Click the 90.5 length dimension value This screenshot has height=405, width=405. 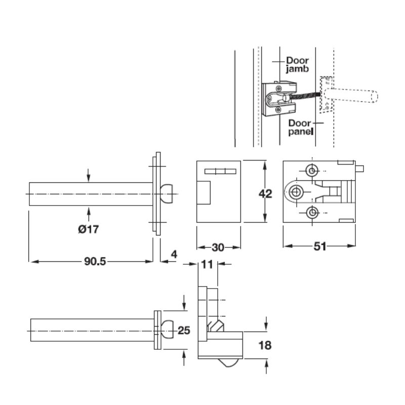95,261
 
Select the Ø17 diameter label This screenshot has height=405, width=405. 88,229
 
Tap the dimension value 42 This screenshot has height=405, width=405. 265,194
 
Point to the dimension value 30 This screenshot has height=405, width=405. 218,248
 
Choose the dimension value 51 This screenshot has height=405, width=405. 320,247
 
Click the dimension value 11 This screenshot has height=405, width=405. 207,264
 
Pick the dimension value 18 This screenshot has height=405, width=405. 265,345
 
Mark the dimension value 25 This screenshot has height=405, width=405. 184,331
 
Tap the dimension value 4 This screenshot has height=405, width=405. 174,255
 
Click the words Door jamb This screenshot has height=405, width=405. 297,65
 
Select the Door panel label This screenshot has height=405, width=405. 301,128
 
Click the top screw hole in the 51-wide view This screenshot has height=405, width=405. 312,171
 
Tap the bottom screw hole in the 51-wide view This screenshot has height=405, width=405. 312,213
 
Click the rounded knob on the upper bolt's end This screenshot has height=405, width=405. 167,194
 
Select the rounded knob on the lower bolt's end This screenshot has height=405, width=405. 168,330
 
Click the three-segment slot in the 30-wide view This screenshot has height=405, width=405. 220,172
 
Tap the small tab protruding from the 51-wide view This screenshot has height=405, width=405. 359,169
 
